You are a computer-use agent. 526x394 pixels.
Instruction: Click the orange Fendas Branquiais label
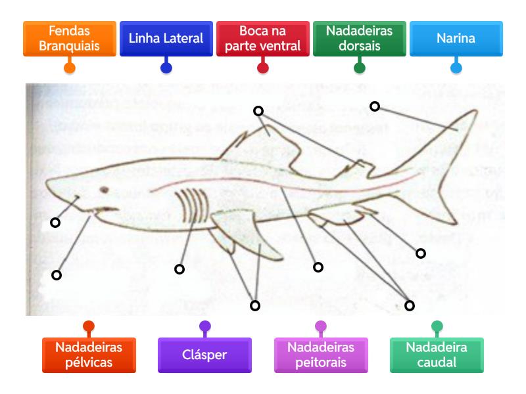[69, 39]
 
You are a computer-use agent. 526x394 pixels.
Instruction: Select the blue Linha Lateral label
[166, 39]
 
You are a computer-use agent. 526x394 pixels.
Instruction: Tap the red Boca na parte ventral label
[262, 39]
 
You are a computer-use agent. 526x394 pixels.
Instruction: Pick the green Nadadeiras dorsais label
[359, 39]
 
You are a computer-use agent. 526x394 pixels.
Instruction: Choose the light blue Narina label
[456, 39]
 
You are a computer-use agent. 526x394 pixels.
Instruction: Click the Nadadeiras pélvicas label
[89, 355]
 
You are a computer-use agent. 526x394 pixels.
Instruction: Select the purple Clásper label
[204, 355]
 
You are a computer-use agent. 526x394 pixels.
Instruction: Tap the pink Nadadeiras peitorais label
[321, 355]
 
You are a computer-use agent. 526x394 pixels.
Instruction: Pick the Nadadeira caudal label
[437, 355]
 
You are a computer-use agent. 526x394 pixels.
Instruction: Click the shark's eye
[104, 190]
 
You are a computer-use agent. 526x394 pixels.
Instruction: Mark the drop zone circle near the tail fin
[375, 106]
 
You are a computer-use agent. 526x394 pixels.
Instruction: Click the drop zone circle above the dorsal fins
[258, 112]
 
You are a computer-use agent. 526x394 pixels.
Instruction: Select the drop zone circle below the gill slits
[179, 269]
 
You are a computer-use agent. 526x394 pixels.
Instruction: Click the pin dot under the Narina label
[456, 67]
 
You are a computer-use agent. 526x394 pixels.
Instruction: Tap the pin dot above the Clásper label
[204, 326]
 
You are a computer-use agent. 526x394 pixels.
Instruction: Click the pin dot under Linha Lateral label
[166, 67]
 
